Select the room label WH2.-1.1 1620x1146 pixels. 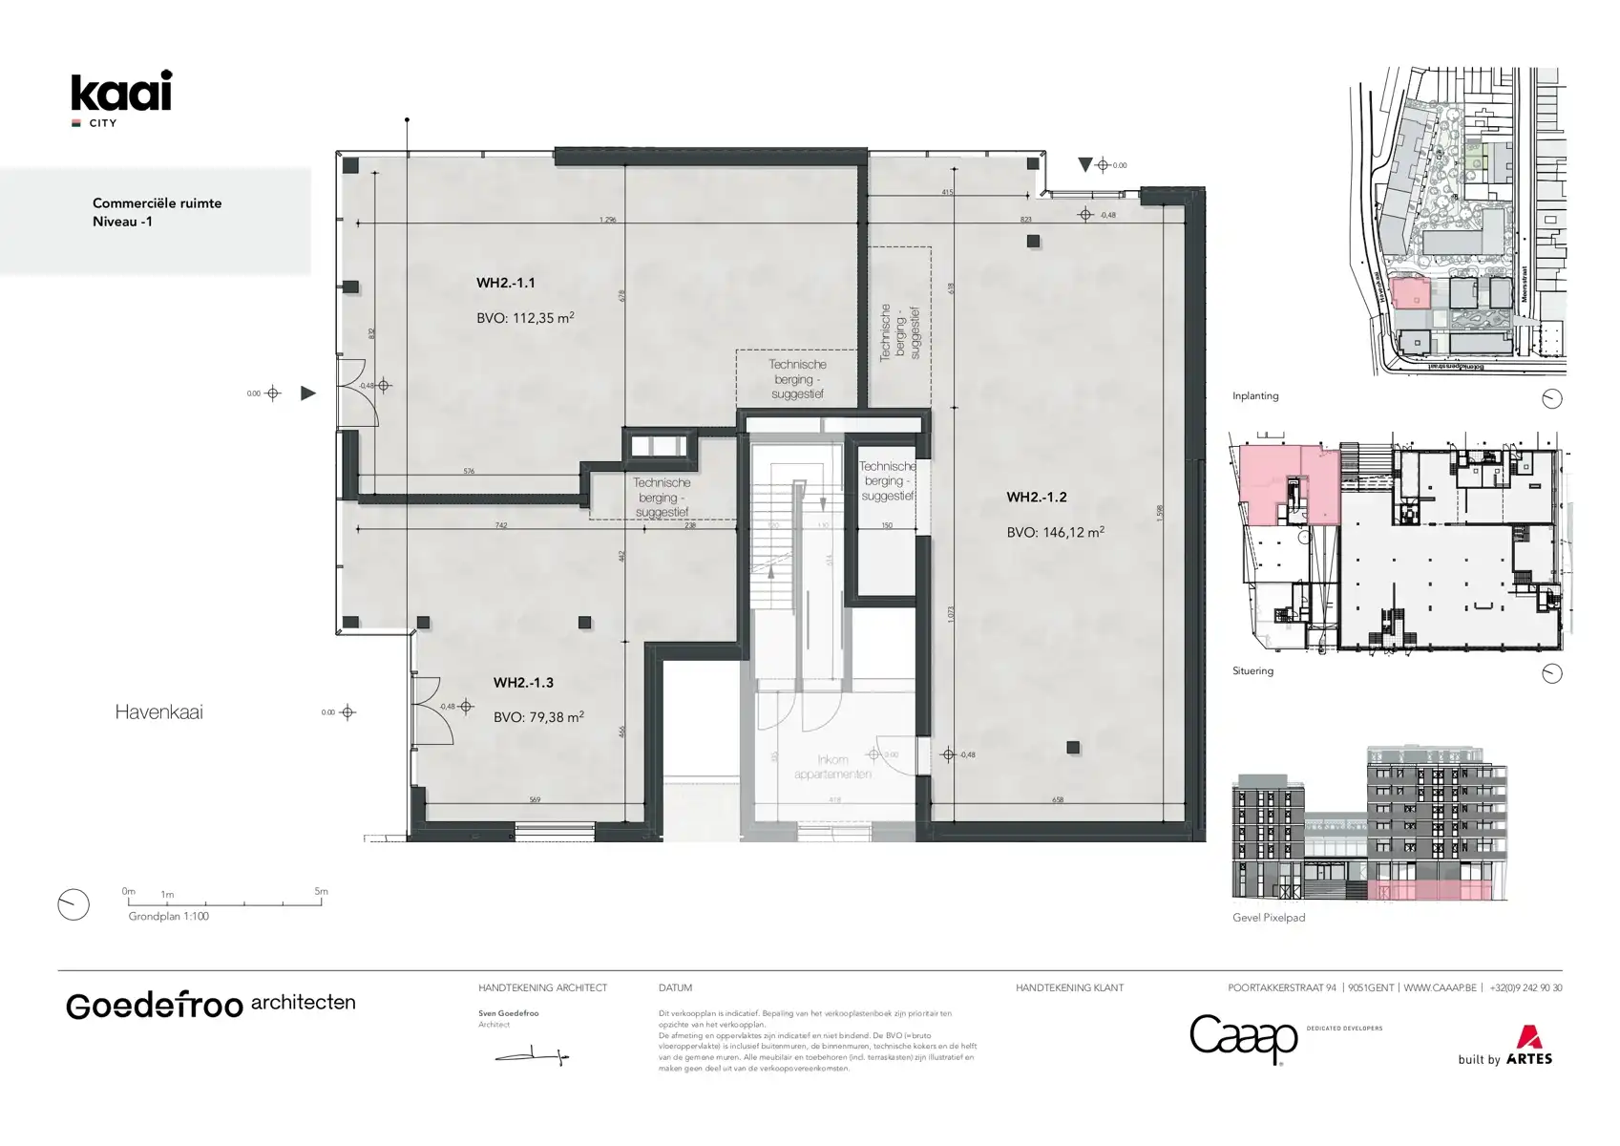pyautogui.click(x=505, y=283)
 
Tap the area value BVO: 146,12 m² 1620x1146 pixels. pyautogui.click(x=1055, y=532)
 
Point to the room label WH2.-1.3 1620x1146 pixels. pyautogui.click(x=523, y=683)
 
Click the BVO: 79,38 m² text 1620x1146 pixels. pyautogui.click(x=538, y=716)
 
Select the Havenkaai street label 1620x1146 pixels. pyautogui.click(x=158, y=711)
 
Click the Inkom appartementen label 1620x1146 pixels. pyautogui.click(x=832, y=767)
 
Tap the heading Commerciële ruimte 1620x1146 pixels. pyautogui.click(x=157, y=203)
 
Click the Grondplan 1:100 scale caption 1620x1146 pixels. pyautogui.click(x=168, y=916)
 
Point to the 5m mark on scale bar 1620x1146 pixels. pyautogui.click(x=321, y=892)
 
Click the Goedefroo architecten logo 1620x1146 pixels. pyautogui.click(x=210, y=1005)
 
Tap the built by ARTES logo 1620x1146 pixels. pyautogui.click(x=1504, y=1047)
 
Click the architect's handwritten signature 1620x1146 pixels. pyautogui.click(x=532, y=1056)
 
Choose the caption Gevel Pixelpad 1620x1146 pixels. pyautogui.click(x=1268, y=918)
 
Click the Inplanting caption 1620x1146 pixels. pyautogui.click(x=1254, y=396)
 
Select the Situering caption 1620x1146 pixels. pyautogui.click(x=1252, y=671)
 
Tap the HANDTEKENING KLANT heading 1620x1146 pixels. pyautogui.click(x=1069, y=987)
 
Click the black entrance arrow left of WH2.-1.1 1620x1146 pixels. pyautogui.click(x=307, y=393)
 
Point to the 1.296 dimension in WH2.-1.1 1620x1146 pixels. pyautogui.click(x=607, y=220)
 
